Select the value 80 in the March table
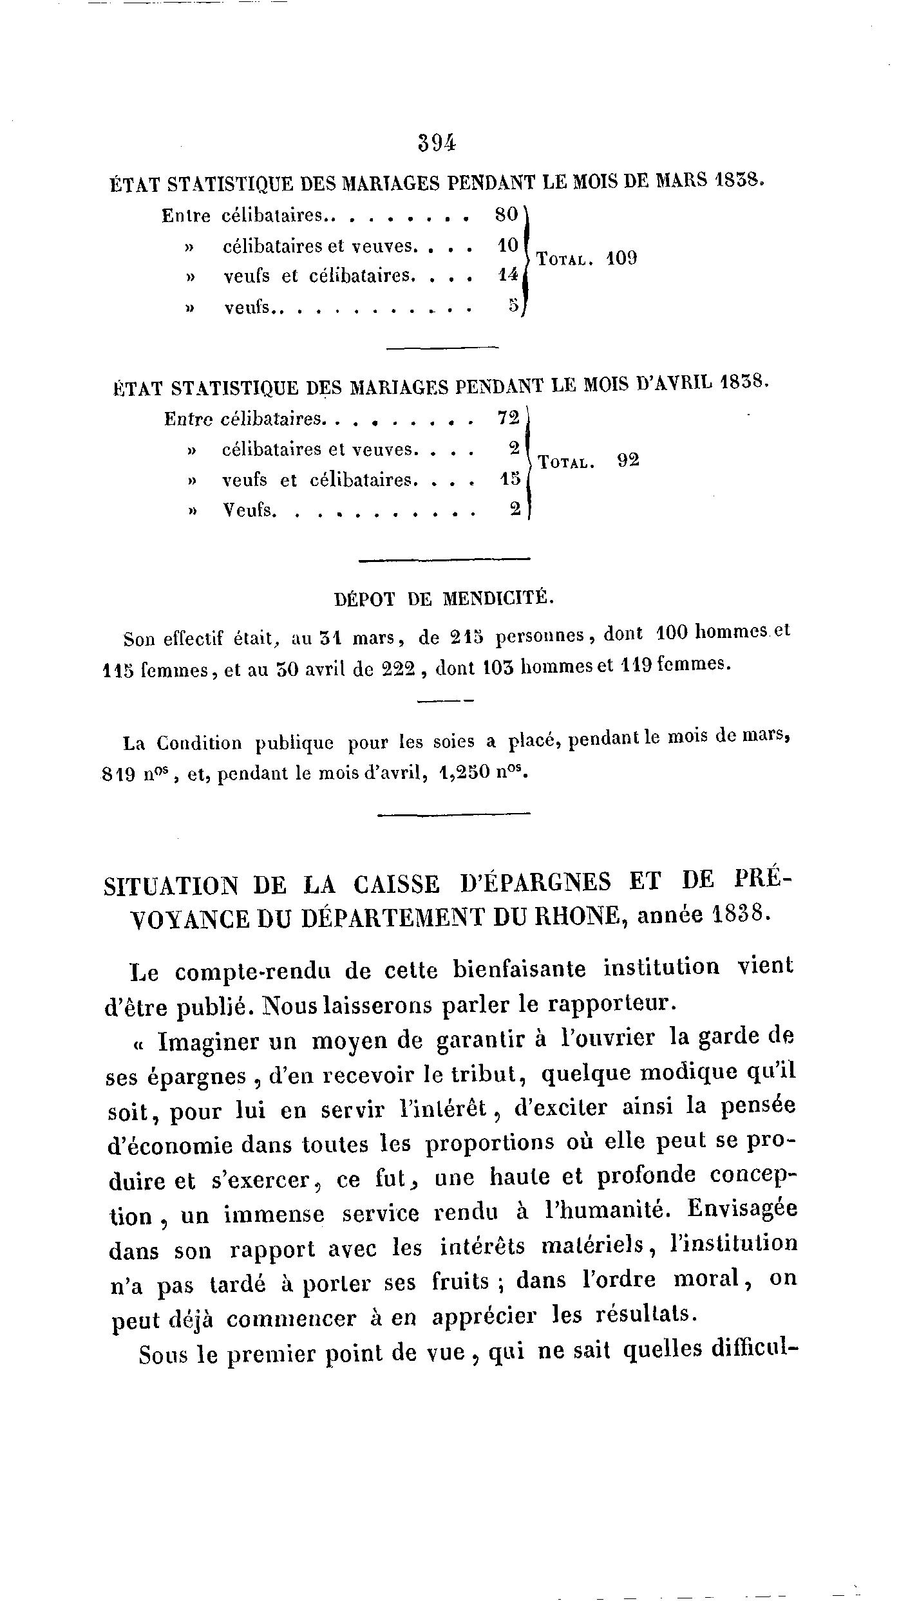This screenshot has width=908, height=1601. tap(507, 215)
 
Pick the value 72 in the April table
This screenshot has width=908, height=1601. tap(509, 418)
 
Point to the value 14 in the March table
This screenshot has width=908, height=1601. tap(508, 276)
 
